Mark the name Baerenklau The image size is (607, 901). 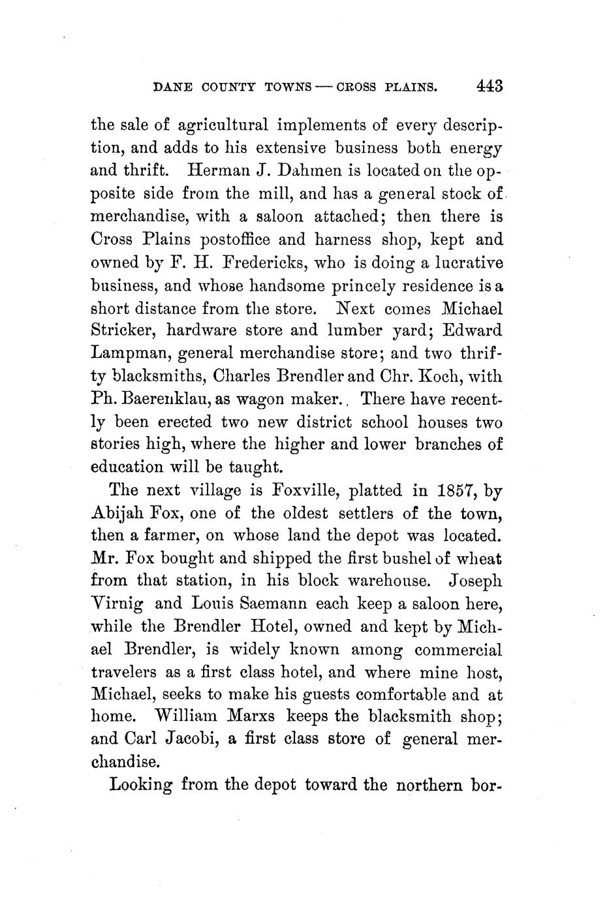164,399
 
